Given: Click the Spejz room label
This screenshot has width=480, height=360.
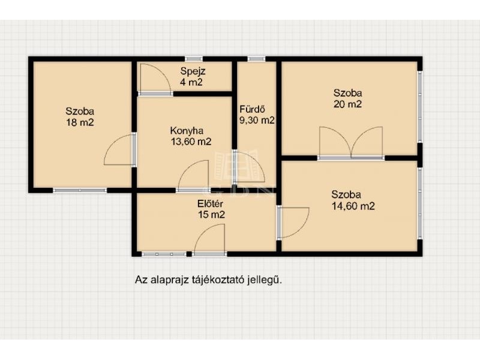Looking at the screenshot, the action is (193, 71).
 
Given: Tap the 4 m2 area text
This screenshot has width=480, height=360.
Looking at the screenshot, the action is (191, 82).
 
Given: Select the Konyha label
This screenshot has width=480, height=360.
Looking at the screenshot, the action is (187, 131).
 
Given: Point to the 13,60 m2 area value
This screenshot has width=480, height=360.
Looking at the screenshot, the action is (191, 142).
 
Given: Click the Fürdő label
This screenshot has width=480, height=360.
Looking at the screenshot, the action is (252, 109).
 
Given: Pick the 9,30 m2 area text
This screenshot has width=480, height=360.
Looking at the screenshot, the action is (257, 121).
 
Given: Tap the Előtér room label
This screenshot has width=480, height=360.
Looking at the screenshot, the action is (210, 203).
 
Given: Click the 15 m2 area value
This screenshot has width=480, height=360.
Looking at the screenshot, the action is (211, 215).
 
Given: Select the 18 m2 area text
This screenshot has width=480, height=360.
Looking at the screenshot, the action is (80, 122).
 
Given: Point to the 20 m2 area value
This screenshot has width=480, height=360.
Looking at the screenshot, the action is (348, 104).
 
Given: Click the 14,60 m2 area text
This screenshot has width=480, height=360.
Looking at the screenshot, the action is (353, 206).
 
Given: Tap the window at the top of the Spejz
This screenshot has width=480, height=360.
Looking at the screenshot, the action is (194, 59).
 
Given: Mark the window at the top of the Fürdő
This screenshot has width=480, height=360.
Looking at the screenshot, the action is (256, 59).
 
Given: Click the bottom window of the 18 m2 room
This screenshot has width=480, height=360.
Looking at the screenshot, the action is (80, 190).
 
